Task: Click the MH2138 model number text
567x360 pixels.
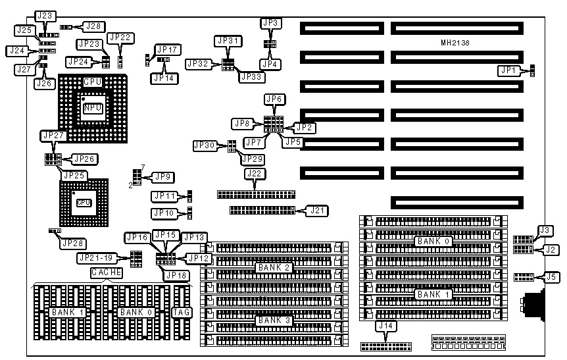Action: click(455, 43)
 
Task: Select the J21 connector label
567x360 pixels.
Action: click(319, 211)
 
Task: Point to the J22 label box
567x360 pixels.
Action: click(255, 174)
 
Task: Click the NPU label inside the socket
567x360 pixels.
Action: click(93, 107)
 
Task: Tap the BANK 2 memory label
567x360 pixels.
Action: click(274, 267)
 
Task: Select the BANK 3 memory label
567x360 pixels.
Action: click(274, 321)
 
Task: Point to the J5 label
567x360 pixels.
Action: click(552, 277)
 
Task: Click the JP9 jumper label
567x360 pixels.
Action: click(161, 176)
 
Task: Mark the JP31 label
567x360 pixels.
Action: click(228, 41)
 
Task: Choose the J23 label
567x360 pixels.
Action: click(46, 15)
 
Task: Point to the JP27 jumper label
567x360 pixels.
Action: click(54, 135)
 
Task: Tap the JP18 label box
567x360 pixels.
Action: click(176, 275)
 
